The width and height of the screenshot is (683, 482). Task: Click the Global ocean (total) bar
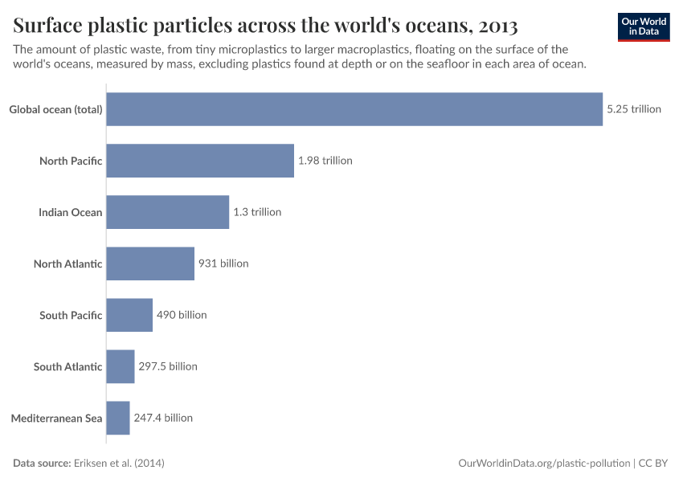354,109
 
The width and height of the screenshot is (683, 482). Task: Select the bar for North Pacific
200,161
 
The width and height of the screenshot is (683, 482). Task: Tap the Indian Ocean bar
167,212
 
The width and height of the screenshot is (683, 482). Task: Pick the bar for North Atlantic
150,263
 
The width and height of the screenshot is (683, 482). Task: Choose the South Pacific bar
129,315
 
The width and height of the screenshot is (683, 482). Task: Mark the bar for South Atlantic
121,366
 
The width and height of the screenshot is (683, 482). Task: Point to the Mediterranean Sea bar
118,418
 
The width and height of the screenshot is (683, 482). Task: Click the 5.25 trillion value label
634,109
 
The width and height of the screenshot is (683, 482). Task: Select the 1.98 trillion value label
325,161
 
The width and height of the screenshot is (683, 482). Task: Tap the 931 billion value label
223,263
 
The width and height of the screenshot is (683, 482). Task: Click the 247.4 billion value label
163,418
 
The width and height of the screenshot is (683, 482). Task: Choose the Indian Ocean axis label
71,212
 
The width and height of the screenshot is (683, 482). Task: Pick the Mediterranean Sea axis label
56,418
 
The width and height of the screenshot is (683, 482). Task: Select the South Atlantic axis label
68,366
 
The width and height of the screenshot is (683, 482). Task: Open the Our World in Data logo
643,27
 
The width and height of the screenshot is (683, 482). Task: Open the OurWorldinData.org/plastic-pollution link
544,464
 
